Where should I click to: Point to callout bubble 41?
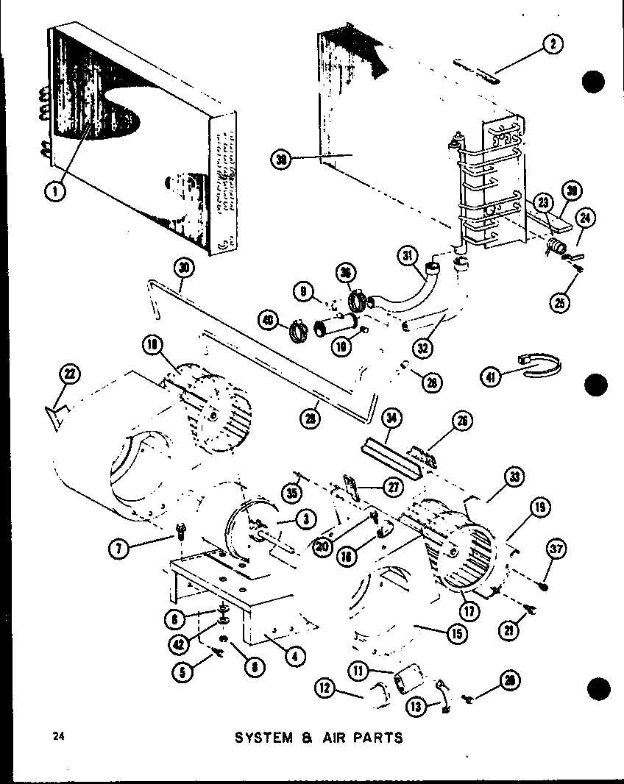tap(492, 377)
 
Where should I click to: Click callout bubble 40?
tap(268, 320)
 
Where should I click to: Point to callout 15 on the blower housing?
tap(458, 632)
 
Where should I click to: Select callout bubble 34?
tap(392, 420)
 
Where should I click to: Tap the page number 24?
tap(58, 735)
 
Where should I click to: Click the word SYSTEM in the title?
tap(263, 737)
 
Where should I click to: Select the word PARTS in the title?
tap(376, 737)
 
